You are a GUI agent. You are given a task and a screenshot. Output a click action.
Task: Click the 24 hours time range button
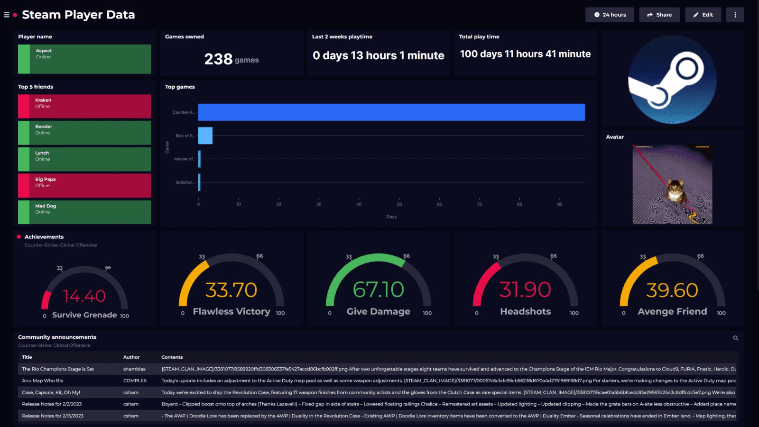[610, 15]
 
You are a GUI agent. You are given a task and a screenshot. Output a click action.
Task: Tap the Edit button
[703, 15]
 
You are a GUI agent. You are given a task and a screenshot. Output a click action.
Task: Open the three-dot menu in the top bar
[735, 15]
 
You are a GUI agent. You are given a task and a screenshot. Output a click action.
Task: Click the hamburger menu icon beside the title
[7, 15]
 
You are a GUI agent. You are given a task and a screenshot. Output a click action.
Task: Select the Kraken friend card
[84, 106]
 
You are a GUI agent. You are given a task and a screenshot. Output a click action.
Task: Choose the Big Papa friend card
[84, 185]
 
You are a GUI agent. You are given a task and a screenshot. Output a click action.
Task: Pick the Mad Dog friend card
[84, 212]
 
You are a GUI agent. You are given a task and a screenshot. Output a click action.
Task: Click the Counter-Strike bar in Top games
[391, 112]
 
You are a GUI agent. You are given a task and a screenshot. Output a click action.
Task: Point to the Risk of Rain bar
[205, 136]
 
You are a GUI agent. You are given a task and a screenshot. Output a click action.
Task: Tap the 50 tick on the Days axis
[399, 204]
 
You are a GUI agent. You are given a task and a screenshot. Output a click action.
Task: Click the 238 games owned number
[218, 59]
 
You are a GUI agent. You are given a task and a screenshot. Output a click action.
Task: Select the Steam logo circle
[672, 80]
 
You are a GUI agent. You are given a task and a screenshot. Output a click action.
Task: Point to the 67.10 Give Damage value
[378, 290]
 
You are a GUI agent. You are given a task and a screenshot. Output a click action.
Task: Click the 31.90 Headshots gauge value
[525, 290]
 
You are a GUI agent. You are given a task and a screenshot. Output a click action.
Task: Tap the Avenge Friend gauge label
[672, 311]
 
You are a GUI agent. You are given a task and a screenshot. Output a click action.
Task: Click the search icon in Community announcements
[735, 338]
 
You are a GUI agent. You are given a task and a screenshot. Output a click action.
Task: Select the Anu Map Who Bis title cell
[42, 381]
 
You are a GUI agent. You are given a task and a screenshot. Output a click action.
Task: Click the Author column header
[131, 357]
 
